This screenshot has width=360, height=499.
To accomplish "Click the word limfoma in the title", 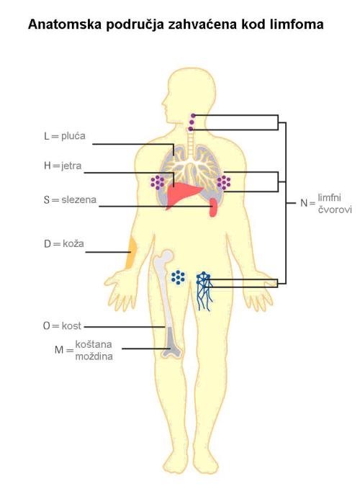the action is [x=297, y=24].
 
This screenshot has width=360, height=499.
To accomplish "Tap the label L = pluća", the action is [x=65, y=136].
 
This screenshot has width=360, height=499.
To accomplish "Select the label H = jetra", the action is [x=63, y=166].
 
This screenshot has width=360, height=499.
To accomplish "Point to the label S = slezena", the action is [x=70, y=200].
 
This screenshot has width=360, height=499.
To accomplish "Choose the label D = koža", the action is [x=64, y=244].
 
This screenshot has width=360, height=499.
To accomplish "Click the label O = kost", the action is [x=62, y=326].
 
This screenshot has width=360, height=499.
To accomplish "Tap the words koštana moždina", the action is [x=94, y=350].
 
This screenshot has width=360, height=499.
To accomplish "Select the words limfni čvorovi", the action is [x=335, y=203].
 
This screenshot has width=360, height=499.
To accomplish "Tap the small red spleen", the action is [x=213, y=207].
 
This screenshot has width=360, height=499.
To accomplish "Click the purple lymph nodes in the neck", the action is [x=192, y=122].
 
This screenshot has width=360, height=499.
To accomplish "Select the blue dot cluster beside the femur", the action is [x=178, y=277].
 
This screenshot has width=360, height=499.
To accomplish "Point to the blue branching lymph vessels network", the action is [x=204, y=291].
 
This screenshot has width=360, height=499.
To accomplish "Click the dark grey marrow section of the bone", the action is [x=171, y=341].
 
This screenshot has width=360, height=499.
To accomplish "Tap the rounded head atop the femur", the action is [x=166, y=256].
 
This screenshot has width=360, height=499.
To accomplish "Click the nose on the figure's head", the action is [x=164, y=104].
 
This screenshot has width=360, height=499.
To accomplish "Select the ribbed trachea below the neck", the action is [x=190, y=144].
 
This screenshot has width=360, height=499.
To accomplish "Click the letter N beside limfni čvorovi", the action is [x=304, y=203].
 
